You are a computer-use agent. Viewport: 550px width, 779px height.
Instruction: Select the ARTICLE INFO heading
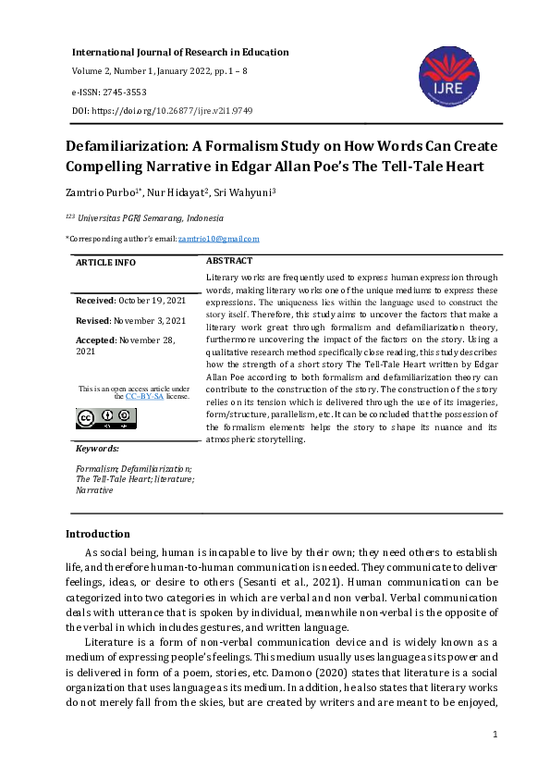click(x=105, y=263)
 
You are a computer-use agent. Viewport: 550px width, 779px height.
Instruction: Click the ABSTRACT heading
click(x=229, y=262)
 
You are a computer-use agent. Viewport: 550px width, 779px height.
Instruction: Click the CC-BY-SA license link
click(x=145, y=396)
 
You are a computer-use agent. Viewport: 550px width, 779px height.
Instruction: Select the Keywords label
click(x=97, y=449)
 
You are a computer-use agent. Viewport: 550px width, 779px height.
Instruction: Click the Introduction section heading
click(x=98, y=534)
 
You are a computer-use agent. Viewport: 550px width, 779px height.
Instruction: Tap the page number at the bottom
click(x=495, y=735)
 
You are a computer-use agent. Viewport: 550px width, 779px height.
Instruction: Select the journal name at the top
click(x=180, y=53)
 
